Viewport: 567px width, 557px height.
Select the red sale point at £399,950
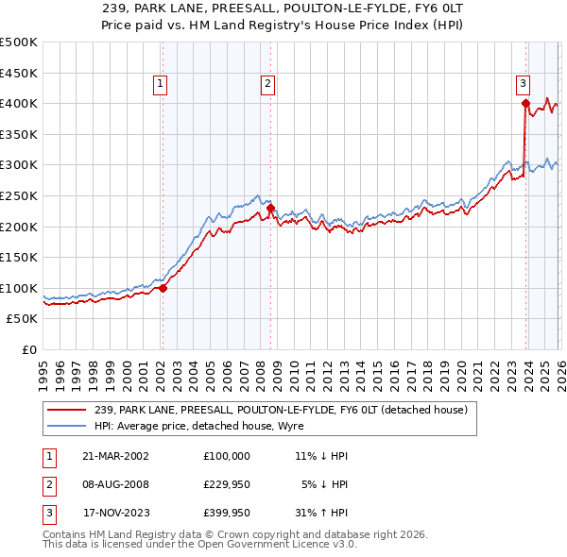pyautogui.click(x=525, y=104)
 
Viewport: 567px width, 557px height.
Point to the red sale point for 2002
pyautogui.click(x=163, y=288)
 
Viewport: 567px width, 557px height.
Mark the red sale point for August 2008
pyautogui.click(x=270, y=208)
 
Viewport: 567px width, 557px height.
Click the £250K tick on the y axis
pyautogui.click(x=19, y=195)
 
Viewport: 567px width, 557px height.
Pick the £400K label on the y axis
pyautogui.click(x=19, y=103)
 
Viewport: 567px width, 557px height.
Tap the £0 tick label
pyautogui.click(x=28, y=349)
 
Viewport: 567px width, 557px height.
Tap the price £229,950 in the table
pyautogui.click(x=227, y=485)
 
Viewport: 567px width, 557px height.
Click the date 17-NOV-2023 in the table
pyautogui.click(x=115, y=515)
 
